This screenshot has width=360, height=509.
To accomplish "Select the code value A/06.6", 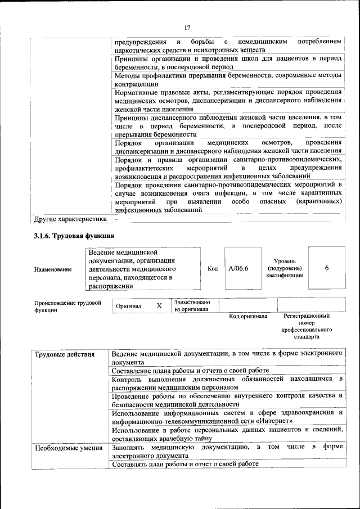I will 238,268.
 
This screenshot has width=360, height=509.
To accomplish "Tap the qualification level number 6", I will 327,268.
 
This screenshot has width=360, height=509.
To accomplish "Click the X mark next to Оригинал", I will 159,305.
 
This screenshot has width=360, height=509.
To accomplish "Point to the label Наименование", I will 53,269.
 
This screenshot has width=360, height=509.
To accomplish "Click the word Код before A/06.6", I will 213,269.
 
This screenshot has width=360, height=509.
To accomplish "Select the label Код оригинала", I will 248,316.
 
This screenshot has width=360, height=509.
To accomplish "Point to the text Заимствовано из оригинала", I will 192,305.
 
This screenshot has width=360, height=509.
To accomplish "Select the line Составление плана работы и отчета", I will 190,371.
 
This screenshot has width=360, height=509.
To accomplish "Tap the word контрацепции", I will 137,83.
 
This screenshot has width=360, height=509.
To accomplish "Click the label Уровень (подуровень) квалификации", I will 289,268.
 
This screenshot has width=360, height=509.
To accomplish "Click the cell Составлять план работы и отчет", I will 186,464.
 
